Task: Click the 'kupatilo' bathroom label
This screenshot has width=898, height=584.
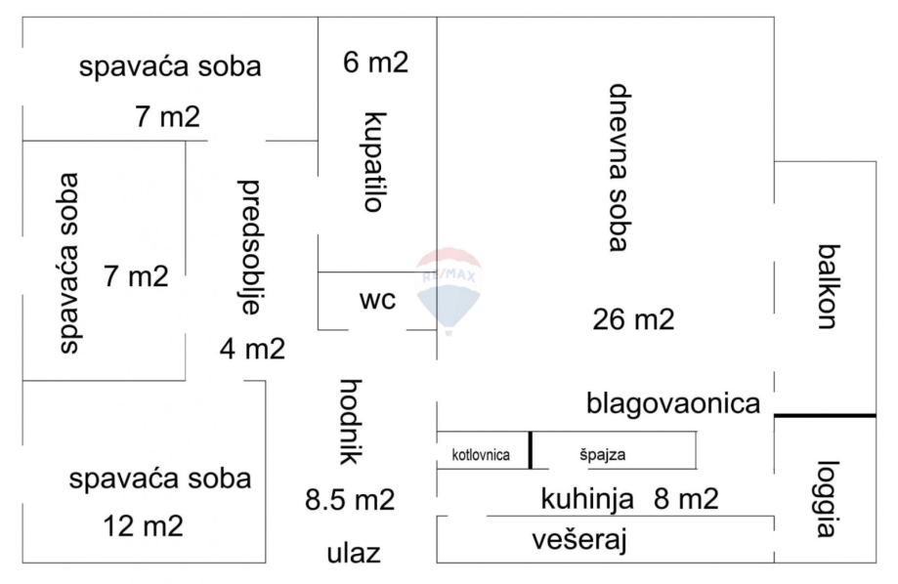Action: coord(375,162)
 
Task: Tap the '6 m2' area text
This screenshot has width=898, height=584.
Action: coord(375,62)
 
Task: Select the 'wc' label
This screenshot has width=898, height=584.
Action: coord(377,300)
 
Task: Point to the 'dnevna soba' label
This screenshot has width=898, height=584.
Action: coord(618,168)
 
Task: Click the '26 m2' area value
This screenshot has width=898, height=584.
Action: coord(633,319)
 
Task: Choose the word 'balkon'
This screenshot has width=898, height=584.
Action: coord(828,286)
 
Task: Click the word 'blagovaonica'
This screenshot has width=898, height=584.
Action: coord(673,403)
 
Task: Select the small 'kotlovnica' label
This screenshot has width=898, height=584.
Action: coord(481,455)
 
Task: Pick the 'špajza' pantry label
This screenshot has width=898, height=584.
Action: coord(603,455)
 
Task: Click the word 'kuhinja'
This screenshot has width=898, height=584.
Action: coord(587,499)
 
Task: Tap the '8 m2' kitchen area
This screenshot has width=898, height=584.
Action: coord(686,499)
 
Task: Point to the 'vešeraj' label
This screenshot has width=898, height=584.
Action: coord(579,540)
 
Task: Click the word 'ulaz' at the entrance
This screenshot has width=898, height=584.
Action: coord(354,553)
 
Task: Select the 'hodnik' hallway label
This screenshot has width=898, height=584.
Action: coord(351,422)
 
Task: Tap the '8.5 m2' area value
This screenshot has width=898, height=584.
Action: coord(350,500)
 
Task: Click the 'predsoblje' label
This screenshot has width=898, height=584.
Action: coord(249,247)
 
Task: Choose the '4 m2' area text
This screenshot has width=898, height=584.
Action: coord(252,349)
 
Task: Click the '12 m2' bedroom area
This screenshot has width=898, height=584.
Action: coord(144,525)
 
